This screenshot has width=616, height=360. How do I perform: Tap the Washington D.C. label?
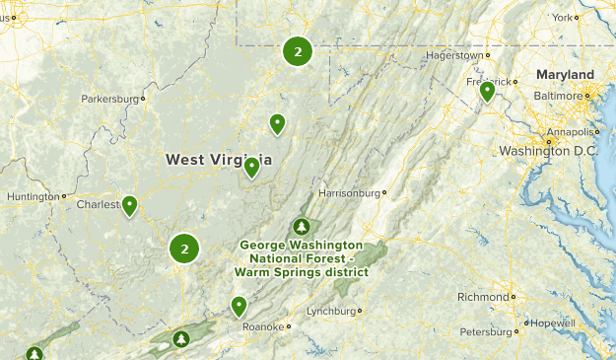coord(548,151)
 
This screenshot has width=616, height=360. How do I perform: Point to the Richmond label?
coord(483,296)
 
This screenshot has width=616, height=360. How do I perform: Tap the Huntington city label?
coord(33,196)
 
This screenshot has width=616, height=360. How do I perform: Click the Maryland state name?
coord(565,75)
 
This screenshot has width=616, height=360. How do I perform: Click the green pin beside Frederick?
coord(487,93)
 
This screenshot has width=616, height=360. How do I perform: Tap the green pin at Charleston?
coord(129,206)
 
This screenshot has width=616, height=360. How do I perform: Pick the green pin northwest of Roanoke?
coord(239,306)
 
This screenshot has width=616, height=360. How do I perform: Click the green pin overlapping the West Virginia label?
coord(252,168)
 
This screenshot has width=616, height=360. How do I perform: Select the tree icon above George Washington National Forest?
coord(301,228)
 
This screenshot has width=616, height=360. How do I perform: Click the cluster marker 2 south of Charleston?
coord(184,249)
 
